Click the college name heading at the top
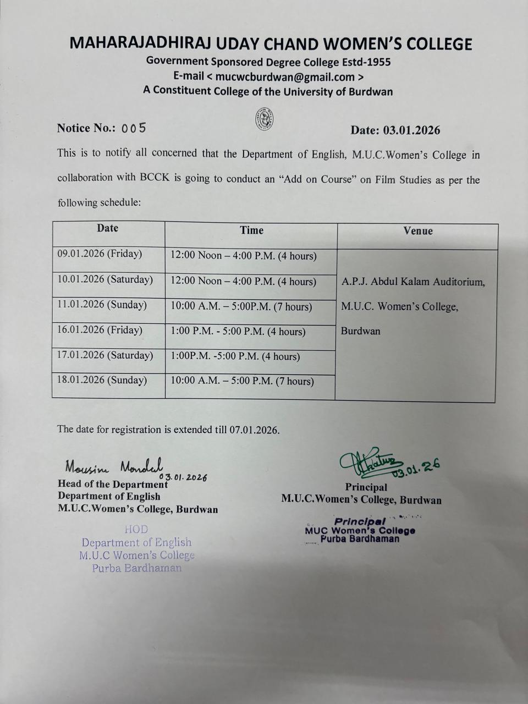(271, 43)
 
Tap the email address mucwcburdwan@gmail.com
(285, 76)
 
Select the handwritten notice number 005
(134, 128)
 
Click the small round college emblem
(265, 118)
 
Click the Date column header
(108, 228)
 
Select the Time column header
(251, 230)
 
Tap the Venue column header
(418, 231)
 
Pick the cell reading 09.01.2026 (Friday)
(100, 254)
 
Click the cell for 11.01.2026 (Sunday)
(102, 305)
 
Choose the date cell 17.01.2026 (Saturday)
(105, 355)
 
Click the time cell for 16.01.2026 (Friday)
(238, 331)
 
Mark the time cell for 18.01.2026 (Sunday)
(242, 381)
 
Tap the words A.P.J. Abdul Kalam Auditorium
(413, 282)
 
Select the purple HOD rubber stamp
(136, 549)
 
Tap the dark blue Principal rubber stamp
(360, 530)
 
